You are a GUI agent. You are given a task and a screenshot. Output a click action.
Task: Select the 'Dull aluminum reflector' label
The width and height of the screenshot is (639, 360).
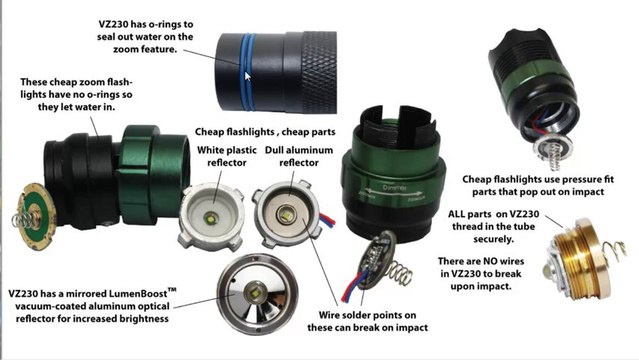tap(294, 157)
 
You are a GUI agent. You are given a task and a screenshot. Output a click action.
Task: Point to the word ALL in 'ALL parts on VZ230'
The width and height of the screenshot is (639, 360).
tap(462, 212)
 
